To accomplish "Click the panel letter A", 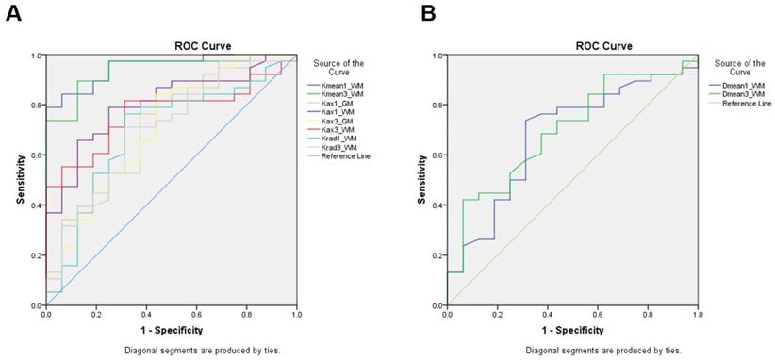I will click(x=13, y=13).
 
